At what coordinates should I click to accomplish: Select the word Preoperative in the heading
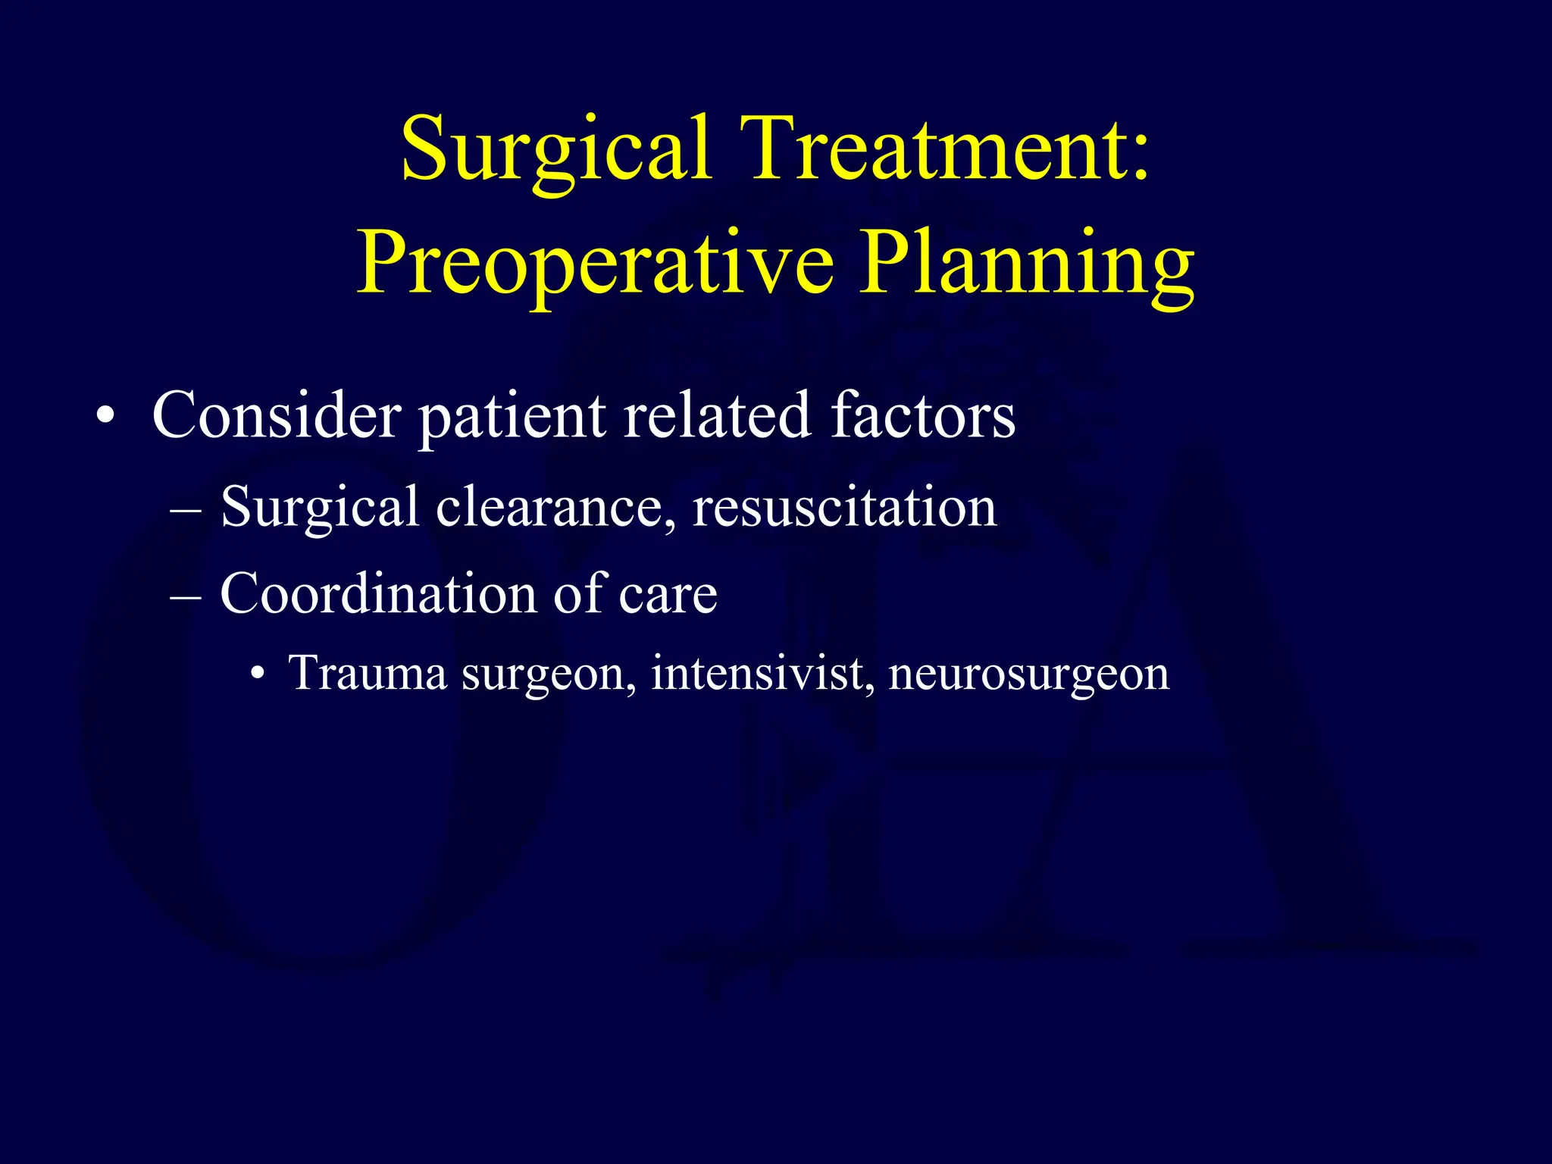coord(595,263)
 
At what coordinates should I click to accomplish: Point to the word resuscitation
coord(844,506)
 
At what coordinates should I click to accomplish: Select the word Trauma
coord(368,672)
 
